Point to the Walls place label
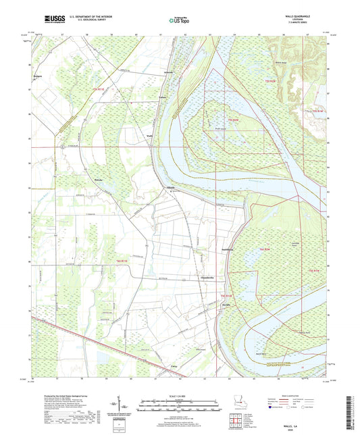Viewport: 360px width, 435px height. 150,135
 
